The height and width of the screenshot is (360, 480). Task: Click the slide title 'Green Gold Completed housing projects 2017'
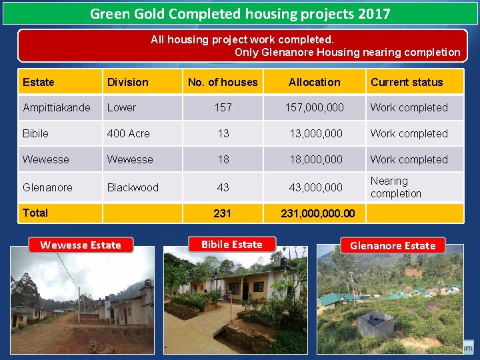click(x=240, y=13)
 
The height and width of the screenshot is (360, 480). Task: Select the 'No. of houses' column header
click(x=223, y=82)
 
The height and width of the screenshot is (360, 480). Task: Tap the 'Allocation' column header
click(x=314, y=82)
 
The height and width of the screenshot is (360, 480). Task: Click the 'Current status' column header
click(x=407, y=82)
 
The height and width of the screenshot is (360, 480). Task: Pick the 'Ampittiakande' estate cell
click(x=57, y=107)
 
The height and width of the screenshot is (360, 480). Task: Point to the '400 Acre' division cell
click(x=129, y=133)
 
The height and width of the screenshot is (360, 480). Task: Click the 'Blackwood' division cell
click(x=133, y=187)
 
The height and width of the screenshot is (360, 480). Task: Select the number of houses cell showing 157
click(x=223, y=107)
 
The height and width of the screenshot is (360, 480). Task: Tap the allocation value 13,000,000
click(x=315, y=133)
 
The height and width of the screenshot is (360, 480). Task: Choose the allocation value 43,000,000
click(x=315, y=187)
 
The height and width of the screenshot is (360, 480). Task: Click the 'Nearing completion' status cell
click(x=396, y=187)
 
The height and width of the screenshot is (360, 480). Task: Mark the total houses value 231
click(x=222, y=213)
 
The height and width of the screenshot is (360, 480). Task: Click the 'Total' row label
click(x=35, y=213)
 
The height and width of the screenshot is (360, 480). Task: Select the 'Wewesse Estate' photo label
click(x=81, y=245)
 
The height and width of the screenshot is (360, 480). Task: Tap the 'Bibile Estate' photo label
click(x=231, y=244)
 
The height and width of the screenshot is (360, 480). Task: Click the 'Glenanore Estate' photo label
click(x=393, y=245)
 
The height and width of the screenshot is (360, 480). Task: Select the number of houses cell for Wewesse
click(x=223, y=159)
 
